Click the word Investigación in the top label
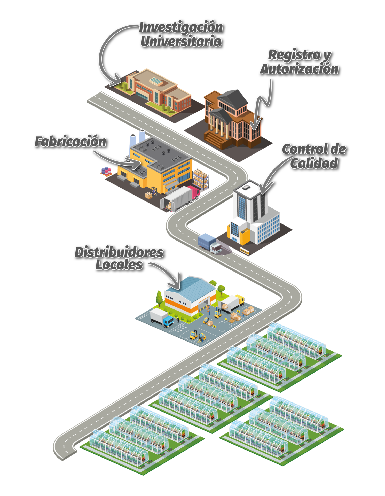[x=181, y=27]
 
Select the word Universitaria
[x=181, y=42]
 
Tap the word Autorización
[x=299, y=69]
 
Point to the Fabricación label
[x=70, y=142]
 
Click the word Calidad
[x=314, y=163]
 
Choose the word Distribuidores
[x=119, y=252]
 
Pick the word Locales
[x=119, y=265]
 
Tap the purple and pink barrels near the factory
[x=106, y=171]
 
